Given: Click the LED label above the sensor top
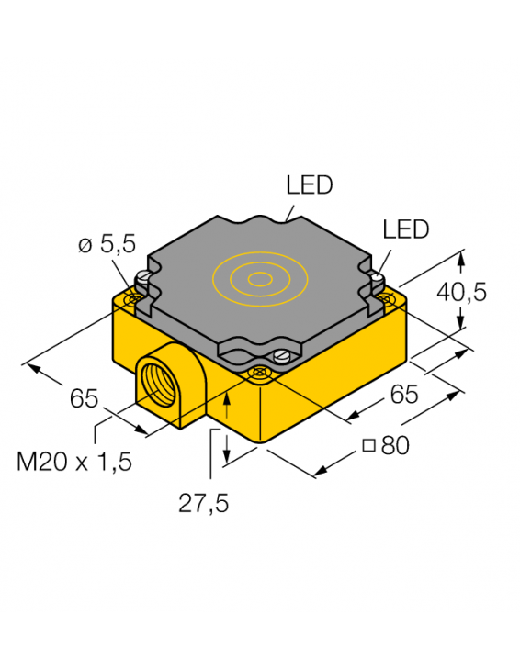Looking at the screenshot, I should [x=310, y=185].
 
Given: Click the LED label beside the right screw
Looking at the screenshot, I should [x=406, y=229].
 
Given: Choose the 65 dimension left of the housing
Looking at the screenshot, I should [x=85, y=399].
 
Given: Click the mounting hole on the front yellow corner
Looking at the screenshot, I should [x=260, y=372].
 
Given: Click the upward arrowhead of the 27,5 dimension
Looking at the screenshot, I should [x=226, y=396].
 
